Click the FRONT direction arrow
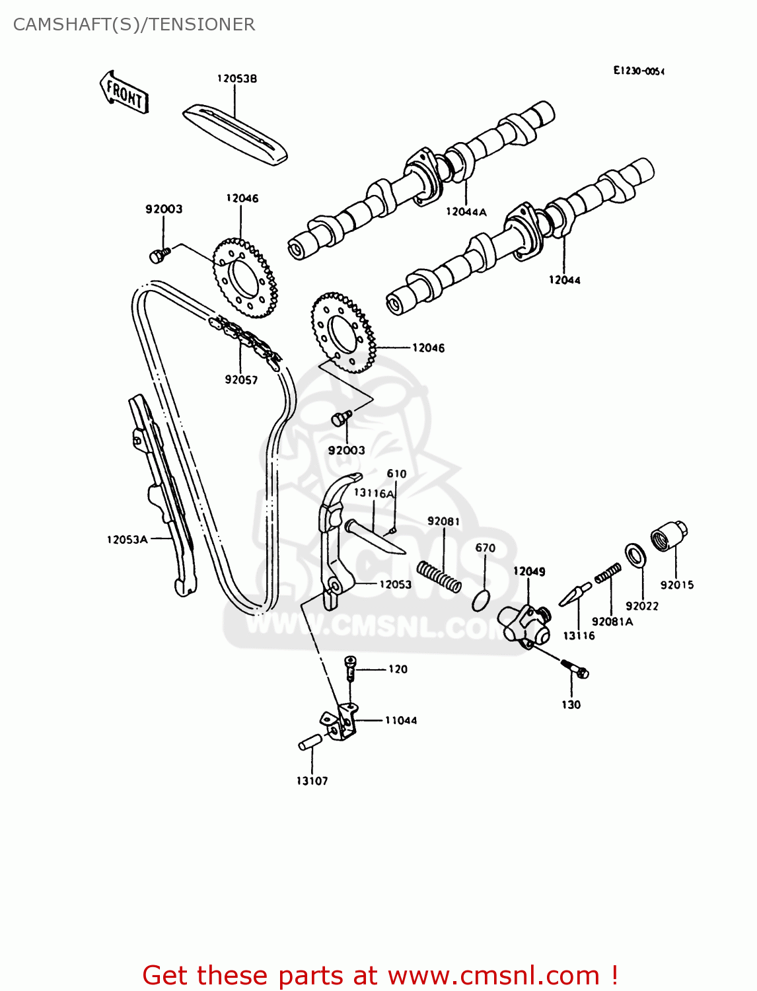(x=124, y=92)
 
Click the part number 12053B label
(x=237, y=79)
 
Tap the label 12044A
(x=466, y=211)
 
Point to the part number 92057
(x=241, y=380)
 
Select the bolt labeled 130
(x=576, y=668)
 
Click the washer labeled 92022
(x=635, y=555)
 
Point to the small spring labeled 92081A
(x=608, y=573)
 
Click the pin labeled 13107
(x=309, y=743)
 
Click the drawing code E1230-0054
(x=638, y=71)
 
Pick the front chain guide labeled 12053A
(x=162, y=495)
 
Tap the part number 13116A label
(x=373, y=493)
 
